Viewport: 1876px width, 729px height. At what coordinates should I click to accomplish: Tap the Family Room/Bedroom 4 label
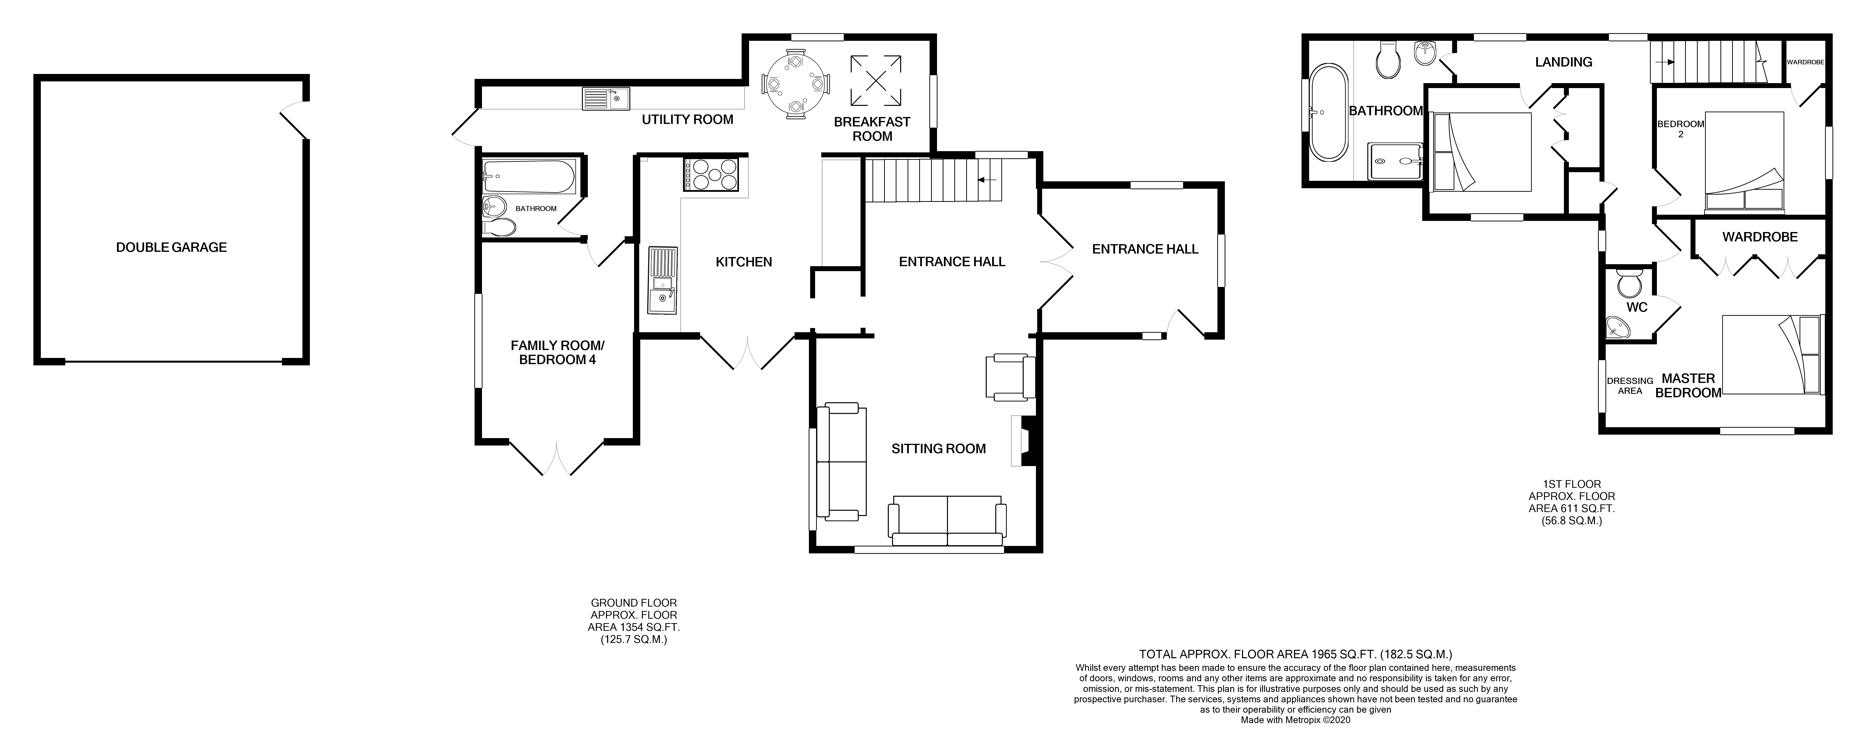[x=557, y=353]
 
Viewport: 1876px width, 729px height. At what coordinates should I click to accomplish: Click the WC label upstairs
[x=1636, y=307]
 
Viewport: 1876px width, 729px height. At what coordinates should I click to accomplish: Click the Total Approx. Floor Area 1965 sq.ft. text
[x=1295, y=655]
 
